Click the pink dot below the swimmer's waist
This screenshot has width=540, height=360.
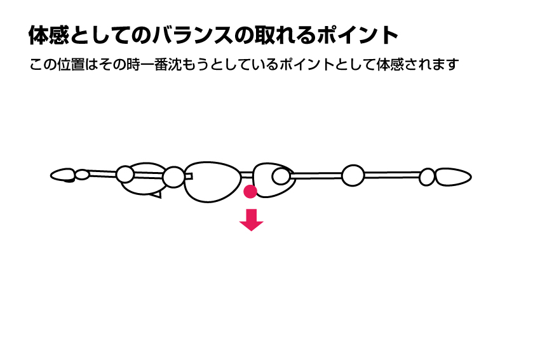[250, 192]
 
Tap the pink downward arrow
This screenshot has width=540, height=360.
[252, 220]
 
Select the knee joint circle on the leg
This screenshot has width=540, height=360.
[353, 175]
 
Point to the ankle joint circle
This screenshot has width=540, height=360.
[427, 177]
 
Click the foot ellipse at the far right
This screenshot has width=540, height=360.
[453, 177]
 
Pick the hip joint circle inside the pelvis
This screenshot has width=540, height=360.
[281, 177]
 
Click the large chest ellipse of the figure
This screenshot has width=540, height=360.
[212, 182]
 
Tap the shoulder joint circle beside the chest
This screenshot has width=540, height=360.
[173, 177]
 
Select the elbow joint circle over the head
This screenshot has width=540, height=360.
[125, 174]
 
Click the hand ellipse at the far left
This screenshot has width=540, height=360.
[63, 175]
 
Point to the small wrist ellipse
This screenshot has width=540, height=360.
[83, 175]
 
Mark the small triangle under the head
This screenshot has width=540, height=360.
[157, 195]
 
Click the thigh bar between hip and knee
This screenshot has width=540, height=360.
[316, 176]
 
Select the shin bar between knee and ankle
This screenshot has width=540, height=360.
[392, 175]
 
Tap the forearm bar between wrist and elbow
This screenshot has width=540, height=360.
[102, 173]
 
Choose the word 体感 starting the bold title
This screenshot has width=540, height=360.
[48, 35]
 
